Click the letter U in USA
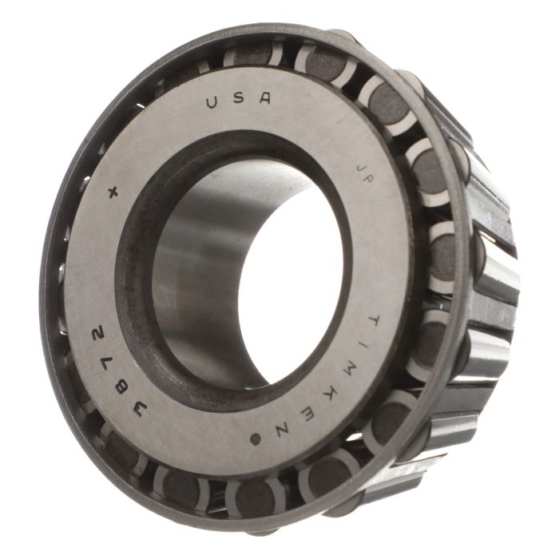(x=214, y=102)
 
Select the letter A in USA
(x=264, y=97)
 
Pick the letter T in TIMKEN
(x=373, y=322)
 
